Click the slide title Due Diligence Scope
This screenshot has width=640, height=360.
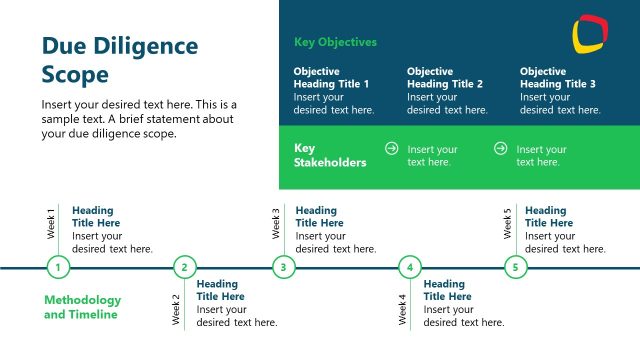pos(119,60)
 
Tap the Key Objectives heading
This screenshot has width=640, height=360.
pos(335,42)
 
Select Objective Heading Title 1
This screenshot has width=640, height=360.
pos(331,78)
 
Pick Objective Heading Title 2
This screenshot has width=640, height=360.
pos(445,78)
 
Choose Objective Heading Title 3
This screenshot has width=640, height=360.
pos(558,78)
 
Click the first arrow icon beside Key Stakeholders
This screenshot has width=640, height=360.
pos(392,148)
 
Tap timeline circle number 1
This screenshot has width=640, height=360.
pos(59,267)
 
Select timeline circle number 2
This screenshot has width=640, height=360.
pos(184,267)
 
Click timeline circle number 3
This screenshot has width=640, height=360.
pos(284,267)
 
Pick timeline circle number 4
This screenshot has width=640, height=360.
pos(410,267)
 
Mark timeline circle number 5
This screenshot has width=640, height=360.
pos(515,267)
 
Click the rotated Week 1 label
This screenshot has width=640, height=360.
pos(52,224)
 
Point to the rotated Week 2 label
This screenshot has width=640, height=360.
pos(177,310)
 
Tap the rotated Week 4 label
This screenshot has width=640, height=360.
pos(403,310)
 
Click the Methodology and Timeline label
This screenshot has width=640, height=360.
pos(82,307)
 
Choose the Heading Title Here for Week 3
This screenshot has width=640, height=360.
pos(317,217)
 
